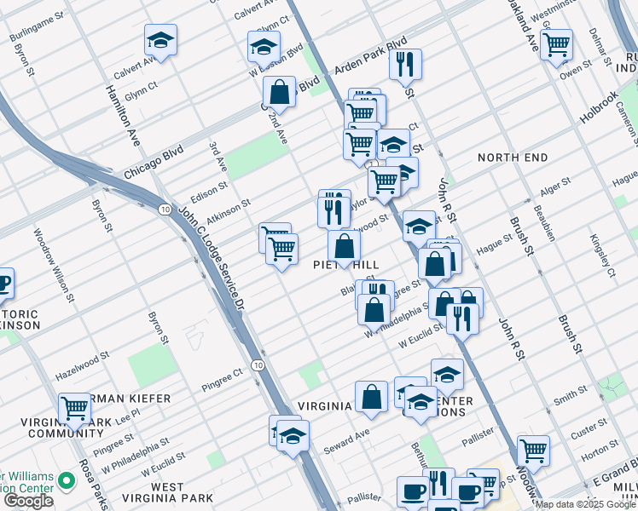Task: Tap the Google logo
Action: [27, 501]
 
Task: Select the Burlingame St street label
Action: [37, 28]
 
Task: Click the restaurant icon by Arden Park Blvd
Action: [405, 63]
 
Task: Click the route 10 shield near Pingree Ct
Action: [258, 365]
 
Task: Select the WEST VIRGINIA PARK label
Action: [167, 492]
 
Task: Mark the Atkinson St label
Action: [228, 205]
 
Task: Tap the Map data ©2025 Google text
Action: [585, 504]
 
